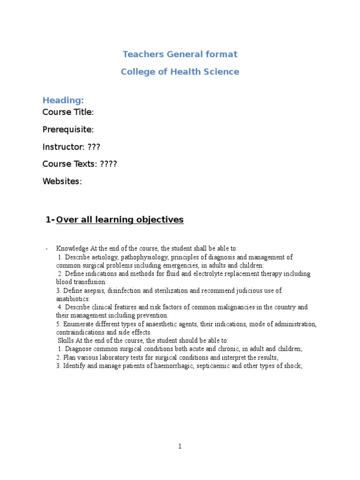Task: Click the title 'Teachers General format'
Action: pyautogui.click(x=180, y=54)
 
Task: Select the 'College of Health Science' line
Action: pyautogui.click(x=180, y=72)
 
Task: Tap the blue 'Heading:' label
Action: pyautogui.click(x=63, y=100)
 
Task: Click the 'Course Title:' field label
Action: pyautogui.click(x=68, y=112)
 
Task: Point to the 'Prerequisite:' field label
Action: pyautogui.click(x=68, y=129)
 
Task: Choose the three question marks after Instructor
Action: pyautogui.click(x=94, y=147)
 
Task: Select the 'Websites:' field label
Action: pyautogui.click(x=62, y=181)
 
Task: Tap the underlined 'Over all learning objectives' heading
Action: pyautogui.click(x=120, y=220)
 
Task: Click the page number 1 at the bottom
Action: pyautogui.click(x=180, y=447)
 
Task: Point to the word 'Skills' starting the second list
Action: pyautogui.click(x=66, y=341)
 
